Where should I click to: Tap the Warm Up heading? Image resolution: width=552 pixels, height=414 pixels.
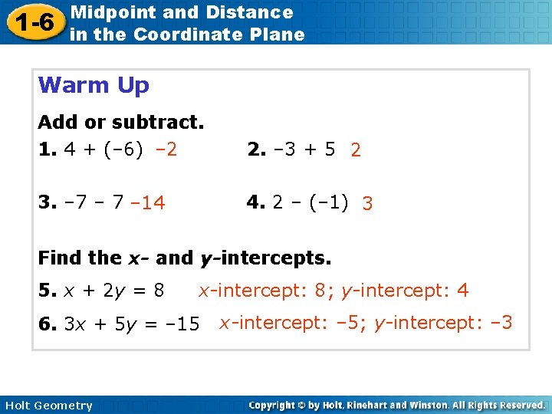(x=94, y=85)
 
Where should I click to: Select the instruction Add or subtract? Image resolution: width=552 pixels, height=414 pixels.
(x=121, y=122)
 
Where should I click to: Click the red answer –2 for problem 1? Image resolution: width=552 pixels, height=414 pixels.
(x=166, y=149)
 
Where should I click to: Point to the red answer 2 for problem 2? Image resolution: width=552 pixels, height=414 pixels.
(x=356, y=150)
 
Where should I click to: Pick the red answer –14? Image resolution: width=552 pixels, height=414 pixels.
(x=147, y=203)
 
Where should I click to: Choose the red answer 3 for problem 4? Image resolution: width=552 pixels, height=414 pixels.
(x=368, y=204)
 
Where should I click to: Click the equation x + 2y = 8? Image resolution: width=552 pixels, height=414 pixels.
(x=113, y=291)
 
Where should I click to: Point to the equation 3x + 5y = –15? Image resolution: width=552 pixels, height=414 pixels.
(x=132, y=324)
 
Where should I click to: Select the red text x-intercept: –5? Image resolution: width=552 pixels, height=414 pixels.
(x=291, y=324)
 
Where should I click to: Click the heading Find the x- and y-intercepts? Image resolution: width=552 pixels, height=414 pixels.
(x=184, y=258)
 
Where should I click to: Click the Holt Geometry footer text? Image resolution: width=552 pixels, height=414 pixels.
(x=48, y=406)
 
